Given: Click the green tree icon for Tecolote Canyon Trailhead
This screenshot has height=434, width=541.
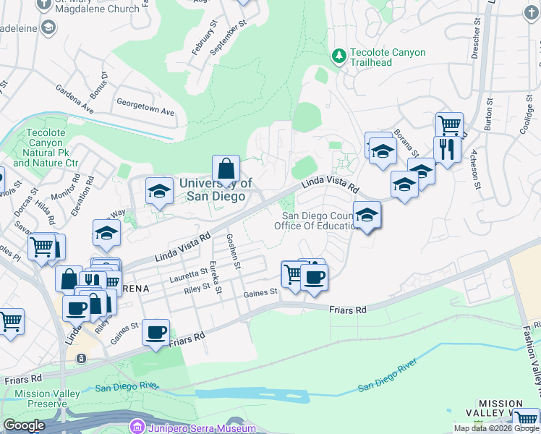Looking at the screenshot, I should point(338,56).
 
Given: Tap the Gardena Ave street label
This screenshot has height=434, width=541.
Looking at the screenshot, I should point(75,99).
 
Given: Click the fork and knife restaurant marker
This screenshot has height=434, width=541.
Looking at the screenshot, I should point(447,150).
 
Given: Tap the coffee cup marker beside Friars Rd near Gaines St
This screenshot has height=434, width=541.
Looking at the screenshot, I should point(156,333).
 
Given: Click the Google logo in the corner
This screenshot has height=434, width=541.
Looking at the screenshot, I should point(24,425).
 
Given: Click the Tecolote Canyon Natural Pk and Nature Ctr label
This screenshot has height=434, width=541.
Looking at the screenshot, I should point(45,148).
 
